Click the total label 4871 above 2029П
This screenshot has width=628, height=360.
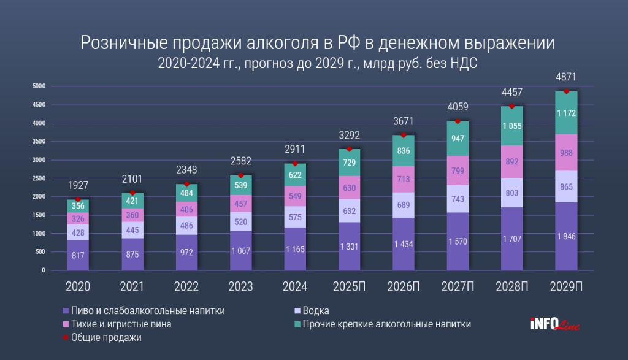[567, 77]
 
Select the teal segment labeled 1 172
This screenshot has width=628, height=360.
[567, 113]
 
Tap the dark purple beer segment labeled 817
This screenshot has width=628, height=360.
[78, 256]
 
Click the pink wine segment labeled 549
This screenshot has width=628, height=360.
[295, 196]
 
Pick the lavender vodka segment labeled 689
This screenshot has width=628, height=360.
[404, 205]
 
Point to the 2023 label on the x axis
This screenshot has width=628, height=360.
[240, 286]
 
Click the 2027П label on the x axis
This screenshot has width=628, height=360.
[458, 286]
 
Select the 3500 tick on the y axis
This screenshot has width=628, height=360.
[39, 142]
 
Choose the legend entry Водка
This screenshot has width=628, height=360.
[316, 311]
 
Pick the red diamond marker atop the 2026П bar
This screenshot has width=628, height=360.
[404, 135]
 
